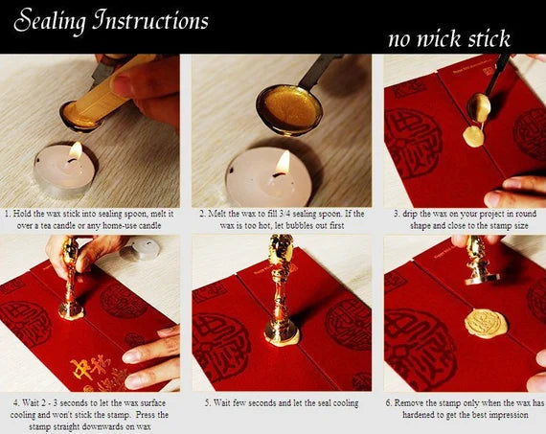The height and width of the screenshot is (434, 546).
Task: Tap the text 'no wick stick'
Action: pos(449,38)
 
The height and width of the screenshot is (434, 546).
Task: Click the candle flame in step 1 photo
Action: pos(75,151)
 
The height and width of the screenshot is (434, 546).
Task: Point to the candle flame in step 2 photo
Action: pos(282,162)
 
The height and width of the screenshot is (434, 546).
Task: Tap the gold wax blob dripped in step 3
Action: pos(473,135)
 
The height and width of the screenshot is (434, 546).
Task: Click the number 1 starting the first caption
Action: pos(8,213)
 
